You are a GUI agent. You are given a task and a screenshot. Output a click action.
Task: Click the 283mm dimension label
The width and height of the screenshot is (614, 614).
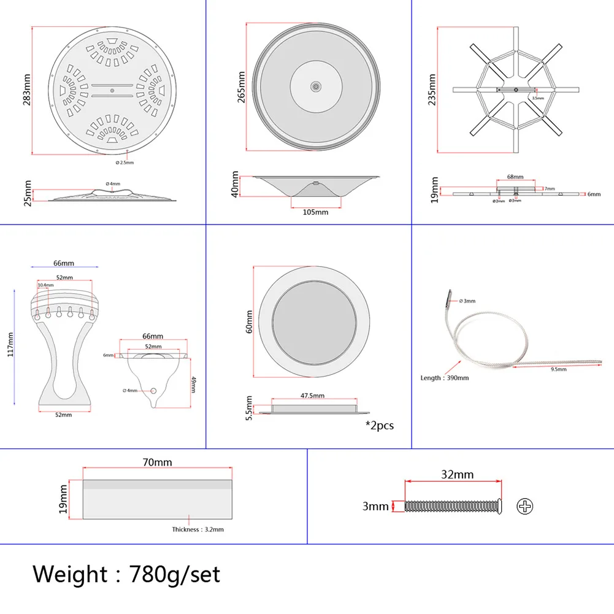click(28, 91)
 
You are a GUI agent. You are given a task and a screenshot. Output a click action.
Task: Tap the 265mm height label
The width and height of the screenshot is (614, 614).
click(242, 87)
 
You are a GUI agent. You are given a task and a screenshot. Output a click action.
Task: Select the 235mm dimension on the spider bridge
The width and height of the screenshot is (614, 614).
click(432, 90)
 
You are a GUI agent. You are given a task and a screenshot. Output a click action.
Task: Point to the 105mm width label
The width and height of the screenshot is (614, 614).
click(316, 212)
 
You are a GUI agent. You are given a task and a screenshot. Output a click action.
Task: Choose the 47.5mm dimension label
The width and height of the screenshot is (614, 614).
click(313, 396)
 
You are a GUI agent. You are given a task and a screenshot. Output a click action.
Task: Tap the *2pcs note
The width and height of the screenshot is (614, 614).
click(380, 424)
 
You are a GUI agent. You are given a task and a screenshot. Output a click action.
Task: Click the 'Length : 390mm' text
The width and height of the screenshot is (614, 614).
click(445, 378)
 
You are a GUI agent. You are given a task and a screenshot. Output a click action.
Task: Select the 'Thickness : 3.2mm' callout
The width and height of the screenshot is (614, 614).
click(198, 529)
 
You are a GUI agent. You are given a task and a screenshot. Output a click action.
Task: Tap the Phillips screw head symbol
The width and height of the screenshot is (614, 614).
click(526, 507)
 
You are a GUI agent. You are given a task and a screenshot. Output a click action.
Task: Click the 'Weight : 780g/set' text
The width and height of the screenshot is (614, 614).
click(126, 575)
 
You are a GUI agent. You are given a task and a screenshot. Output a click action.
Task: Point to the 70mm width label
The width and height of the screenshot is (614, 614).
click(158, 462)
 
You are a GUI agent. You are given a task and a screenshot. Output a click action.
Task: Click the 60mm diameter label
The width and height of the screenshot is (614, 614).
click(249, 321)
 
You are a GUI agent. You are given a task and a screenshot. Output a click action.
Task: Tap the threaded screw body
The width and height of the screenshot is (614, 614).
click(451, 507)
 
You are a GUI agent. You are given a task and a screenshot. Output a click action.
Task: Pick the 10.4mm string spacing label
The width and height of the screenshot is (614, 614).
click(45, 285)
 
